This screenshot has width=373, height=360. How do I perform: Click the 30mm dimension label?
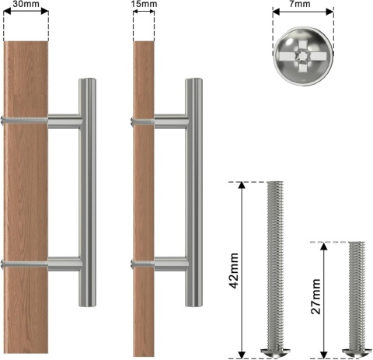click(26, 5)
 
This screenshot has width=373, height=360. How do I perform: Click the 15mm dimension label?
click(142, 5)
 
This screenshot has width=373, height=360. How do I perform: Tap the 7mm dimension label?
click(303, 5)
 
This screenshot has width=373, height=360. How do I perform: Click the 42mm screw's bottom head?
click(278, 353)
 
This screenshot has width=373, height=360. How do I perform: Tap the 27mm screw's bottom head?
click(356, 353)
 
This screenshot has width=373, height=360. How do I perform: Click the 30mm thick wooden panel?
click(26, 194)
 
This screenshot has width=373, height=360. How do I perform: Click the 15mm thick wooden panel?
click(142, 194)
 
